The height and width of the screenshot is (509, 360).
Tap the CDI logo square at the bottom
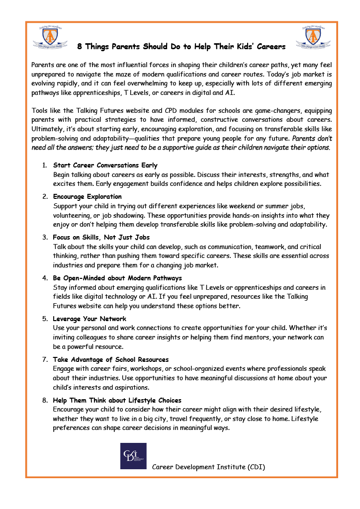pos(133,455)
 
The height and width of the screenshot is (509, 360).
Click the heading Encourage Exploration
pos(88,196)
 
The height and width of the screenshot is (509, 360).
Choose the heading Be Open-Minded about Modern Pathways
pos(117,278)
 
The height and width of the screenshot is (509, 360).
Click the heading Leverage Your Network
pos(90,319)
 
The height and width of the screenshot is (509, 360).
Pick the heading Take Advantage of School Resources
pos(111,359)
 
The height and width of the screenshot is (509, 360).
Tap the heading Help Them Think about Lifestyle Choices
pos(117,400)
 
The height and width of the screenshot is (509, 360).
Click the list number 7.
pos(44,359)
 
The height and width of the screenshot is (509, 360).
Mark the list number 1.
pos(44,165)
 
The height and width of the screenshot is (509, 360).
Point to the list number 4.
pos(44,278)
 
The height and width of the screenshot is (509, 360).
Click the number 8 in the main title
pos(80,47)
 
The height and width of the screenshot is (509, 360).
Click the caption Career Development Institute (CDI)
pos(208,467)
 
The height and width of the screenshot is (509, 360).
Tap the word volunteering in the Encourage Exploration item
pos(73,216)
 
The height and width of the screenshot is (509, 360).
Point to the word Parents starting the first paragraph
pos(43,65)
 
